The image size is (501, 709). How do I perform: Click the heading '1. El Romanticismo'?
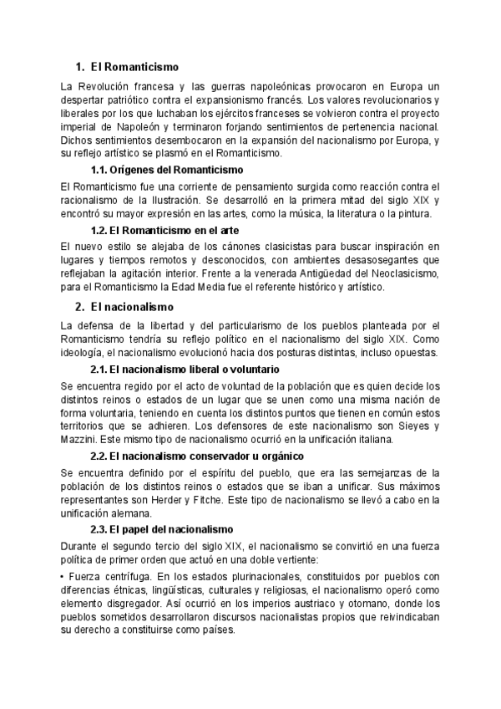[x=126, y=67]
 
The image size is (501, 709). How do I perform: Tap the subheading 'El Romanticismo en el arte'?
[x=164, y=230]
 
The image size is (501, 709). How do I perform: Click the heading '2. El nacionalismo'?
[x=124, y=307]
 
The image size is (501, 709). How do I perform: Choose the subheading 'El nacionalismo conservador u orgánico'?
[x=195, y=456]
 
